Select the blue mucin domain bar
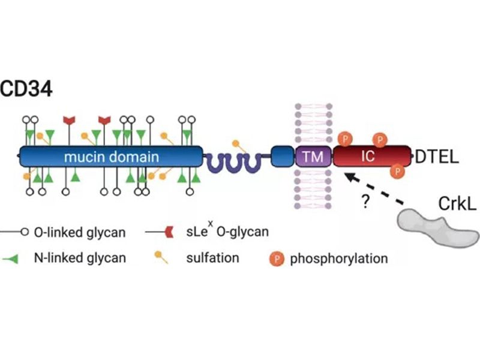(111, 157)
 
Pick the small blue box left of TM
(281, 157)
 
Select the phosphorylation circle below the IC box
(397, 172)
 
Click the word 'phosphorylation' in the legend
(338, 259)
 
